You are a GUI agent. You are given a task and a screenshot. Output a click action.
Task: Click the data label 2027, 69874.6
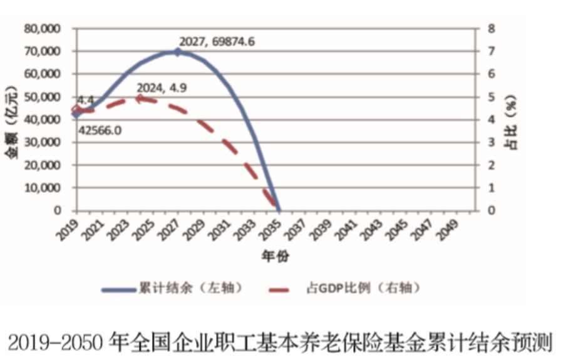pyautogui.click(x=217, y=42)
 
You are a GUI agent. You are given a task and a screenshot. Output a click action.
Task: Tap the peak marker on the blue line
pyautogui.click(x=177, y=52)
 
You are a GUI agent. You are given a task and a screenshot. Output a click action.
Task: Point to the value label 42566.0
pyautogui.click(x=100, y=130)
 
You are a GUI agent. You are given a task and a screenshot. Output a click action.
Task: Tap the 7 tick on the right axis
pyautogui.click(x=492, y=51)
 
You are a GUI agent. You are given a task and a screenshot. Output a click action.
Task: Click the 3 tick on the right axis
pyautogui.click(x=492, y=142)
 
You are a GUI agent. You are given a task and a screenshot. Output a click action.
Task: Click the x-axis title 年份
pyautogui.click(x=275, y=256)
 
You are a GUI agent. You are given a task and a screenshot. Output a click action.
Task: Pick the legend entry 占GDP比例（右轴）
pyautogui.click(x=362, y=289)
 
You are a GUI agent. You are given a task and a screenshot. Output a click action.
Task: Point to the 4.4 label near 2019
pyautogui.click(x=85, y=100)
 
